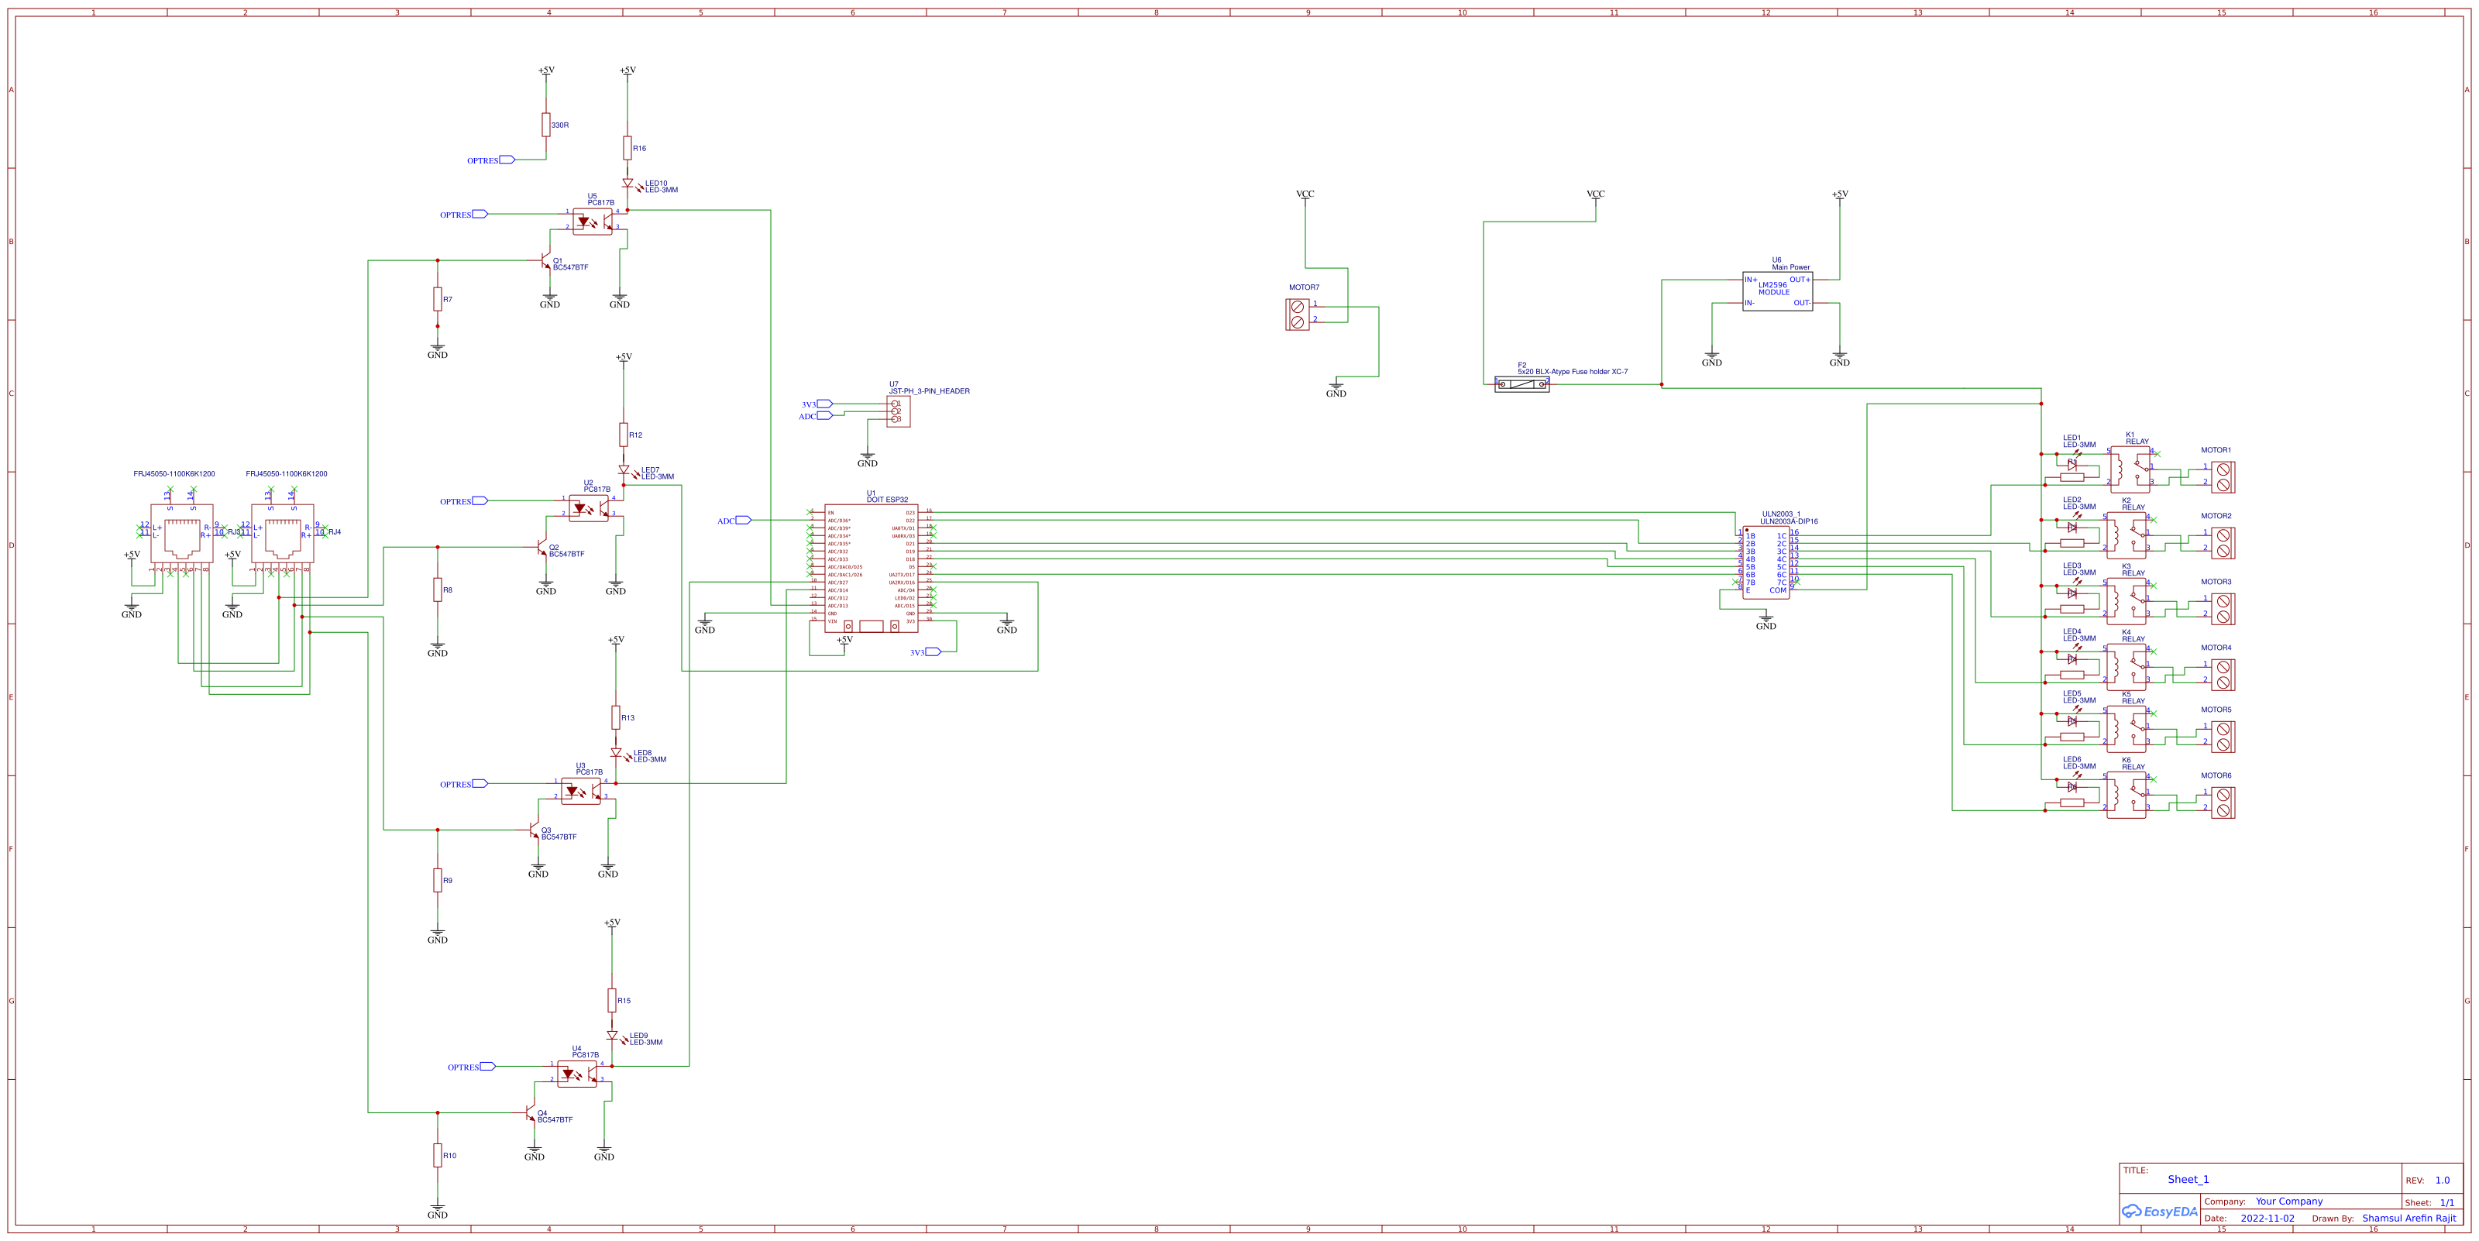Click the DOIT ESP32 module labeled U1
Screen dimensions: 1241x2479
coord(870,568)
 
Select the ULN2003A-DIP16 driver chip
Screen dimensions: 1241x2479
coord(1765,562)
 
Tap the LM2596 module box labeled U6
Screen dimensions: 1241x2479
coord(1776,291)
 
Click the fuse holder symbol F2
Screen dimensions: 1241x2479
coord(1521,384)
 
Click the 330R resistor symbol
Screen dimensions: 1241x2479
coord(545,125)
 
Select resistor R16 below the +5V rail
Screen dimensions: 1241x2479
coord(627,148)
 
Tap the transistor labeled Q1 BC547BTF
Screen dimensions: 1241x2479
coord(545,262)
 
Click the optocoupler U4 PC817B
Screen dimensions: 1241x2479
coord(576,1074)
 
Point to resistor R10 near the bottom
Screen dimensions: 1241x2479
coord(437,1155)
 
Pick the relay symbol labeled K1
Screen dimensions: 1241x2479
coord(2129,469)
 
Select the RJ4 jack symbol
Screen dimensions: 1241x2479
coord(282,533)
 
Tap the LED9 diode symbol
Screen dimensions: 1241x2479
coord(612,1036)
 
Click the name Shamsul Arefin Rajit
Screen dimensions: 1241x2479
coord(2408,1218)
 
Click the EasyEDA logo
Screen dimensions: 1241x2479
coord(2160,1212)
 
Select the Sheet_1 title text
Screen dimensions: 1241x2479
coord(2188,1180)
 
